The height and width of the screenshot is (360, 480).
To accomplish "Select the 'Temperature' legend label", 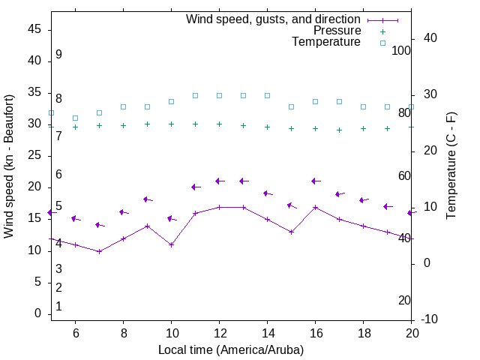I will (x=326, y=42).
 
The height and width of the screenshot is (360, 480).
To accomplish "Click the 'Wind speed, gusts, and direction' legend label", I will (x=274, y=19).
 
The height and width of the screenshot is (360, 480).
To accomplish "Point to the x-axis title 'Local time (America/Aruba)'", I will (x=231, y=349).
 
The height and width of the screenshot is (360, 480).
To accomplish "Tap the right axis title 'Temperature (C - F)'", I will (x=451, y=166).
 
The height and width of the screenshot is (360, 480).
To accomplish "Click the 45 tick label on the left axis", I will (x=34, y=28).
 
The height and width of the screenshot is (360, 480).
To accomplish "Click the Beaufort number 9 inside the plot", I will (x=58, y=55).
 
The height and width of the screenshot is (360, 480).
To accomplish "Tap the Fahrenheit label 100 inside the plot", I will (x=401, y=50).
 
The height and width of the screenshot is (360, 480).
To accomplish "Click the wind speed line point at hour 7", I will (x=99, y=251).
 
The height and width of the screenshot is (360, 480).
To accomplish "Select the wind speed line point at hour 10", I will (x=171, y=244).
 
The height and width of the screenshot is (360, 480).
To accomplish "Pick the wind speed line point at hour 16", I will (x=315, y=207).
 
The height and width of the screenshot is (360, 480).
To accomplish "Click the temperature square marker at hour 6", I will (x=75, y=118).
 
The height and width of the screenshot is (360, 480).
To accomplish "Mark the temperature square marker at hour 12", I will (x=219, y=95).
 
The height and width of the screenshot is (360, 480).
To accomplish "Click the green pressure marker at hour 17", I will (x=339, y=130).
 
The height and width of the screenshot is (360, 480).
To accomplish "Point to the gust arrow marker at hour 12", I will (x=219, y=181).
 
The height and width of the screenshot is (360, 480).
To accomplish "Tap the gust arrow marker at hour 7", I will (x=99, y=225).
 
